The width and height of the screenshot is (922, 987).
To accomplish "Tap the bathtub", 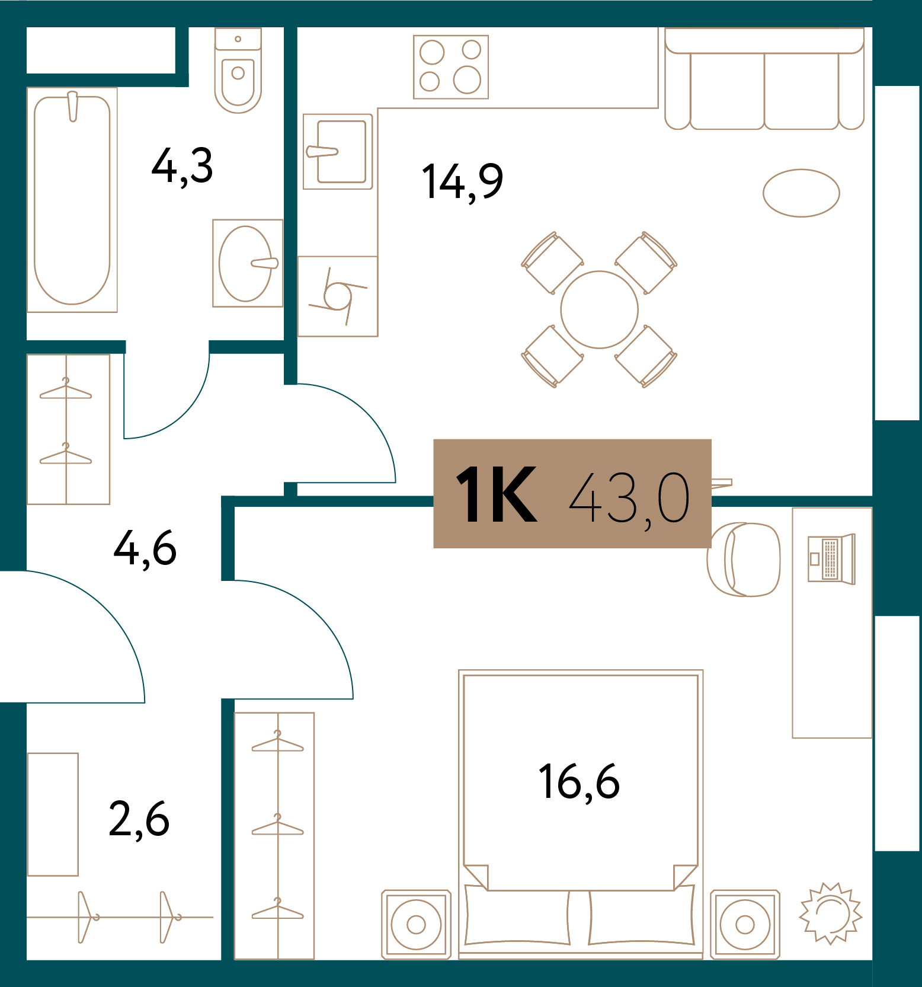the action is pyautogui.click(x=72, y=200).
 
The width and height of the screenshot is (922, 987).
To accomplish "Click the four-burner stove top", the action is pyautogui.click(x=451, y=67).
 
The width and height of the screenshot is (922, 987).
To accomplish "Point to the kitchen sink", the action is pyautogui.click(x=338, y=152).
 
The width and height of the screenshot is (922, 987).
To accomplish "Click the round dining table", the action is pyautogui.click(x=599, y=309).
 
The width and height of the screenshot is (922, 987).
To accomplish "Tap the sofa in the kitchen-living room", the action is pyautogui.click(x=764, y=78).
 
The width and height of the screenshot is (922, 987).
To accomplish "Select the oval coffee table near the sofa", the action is pyautogui.click(x=801, y=193).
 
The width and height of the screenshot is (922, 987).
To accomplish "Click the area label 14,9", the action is pyautogui.click(x=462, y=181).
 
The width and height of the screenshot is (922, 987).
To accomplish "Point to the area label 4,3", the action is pyautogui.click(x=182, y=167).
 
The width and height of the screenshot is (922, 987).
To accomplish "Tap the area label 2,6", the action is pyautogui.click(x=139, y=820).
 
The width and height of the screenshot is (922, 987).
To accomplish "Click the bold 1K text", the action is pyautogui.click(x=497, y=494).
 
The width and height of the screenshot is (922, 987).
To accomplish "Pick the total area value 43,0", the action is pyautogui.click(x=629, y=499).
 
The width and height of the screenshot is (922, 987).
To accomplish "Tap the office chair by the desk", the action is pyautogui.click(x=744, y=559).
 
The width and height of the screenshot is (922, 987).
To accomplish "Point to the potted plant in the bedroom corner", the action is pyautogui.click(x=831, y=913).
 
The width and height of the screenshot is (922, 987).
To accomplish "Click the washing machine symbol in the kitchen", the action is pyautogui.click(x=338, y=296).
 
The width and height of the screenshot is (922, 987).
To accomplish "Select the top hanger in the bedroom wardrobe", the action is pyautogui.click(x=277, y=742).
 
